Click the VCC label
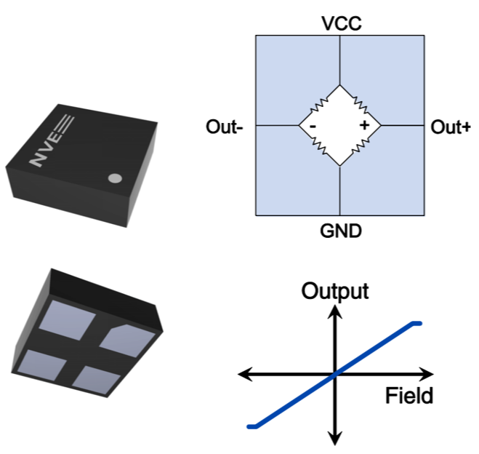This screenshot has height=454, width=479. coord(341,24)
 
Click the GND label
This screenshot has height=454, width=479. coord(341,231)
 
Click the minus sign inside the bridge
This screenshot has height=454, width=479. coord(312,126)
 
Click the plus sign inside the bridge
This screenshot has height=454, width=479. coord(364,126)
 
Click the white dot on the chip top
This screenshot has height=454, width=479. coord(114,178)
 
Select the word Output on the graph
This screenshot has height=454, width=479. coord(336,292)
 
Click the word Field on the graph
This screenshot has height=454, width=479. coord(409,396)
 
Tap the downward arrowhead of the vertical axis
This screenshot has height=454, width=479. coord(335,438)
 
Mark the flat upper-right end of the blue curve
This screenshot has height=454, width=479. coord(416,322)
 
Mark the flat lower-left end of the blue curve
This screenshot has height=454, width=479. coord(252,426)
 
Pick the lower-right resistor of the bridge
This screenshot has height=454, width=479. coord(359,146)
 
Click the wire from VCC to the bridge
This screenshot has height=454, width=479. coord(340,61)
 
